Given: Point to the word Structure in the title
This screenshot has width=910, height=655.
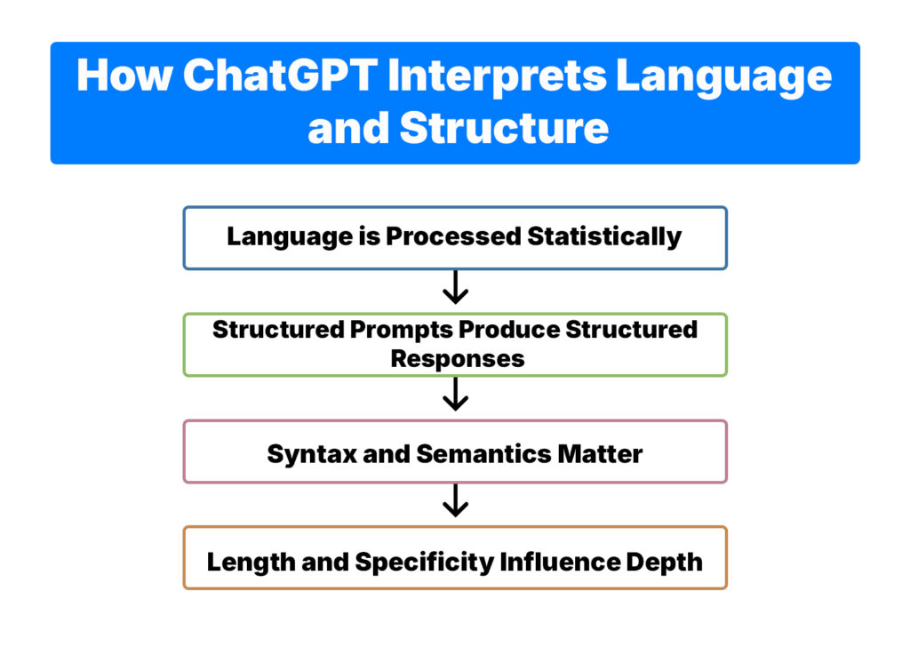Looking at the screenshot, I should point(504,128).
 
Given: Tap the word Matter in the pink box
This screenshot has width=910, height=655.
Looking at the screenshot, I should point(600,453).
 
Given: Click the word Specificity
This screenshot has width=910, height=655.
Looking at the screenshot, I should point(426,562).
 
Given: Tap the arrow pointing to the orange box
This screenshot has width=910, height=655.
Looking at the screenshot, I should point(455,502).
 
